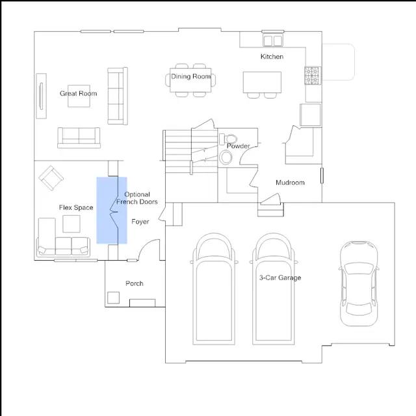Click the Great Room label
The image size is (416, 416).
pos(78,94)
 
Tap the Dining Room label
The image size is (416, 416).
pos(190,77)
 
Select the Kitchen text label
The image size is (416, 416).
pos(272,57)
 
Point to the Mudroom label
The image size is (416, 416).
pos(290,183)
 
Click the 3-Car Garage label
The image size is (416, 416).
pos(280,278)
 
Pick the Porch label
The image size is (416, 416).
pos(135,283)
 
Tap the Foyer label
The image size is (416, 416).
pos(140,222)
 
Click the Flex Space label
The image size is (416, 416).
pos(76,207)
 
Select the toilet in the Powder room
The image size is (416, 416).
pos(228,139)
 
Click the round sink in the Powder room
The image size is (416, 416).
pos(226,157)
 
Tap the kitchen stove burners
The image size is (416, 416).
pos(313,75)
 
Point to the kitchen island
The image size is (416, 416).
pos(262,83)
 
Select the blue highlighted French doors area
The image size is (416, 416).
pos(112,211)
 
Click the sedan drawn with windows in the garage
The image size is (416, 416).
pos(359,283)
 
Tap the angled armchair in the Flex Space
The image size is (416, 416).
pos(51,178)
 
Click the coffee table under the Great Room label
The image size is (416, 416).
pos(79,96)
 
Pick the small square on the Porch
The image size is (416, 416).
pos(113,298)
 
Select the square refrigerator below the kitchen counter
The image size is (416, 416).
pos(310,115)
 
